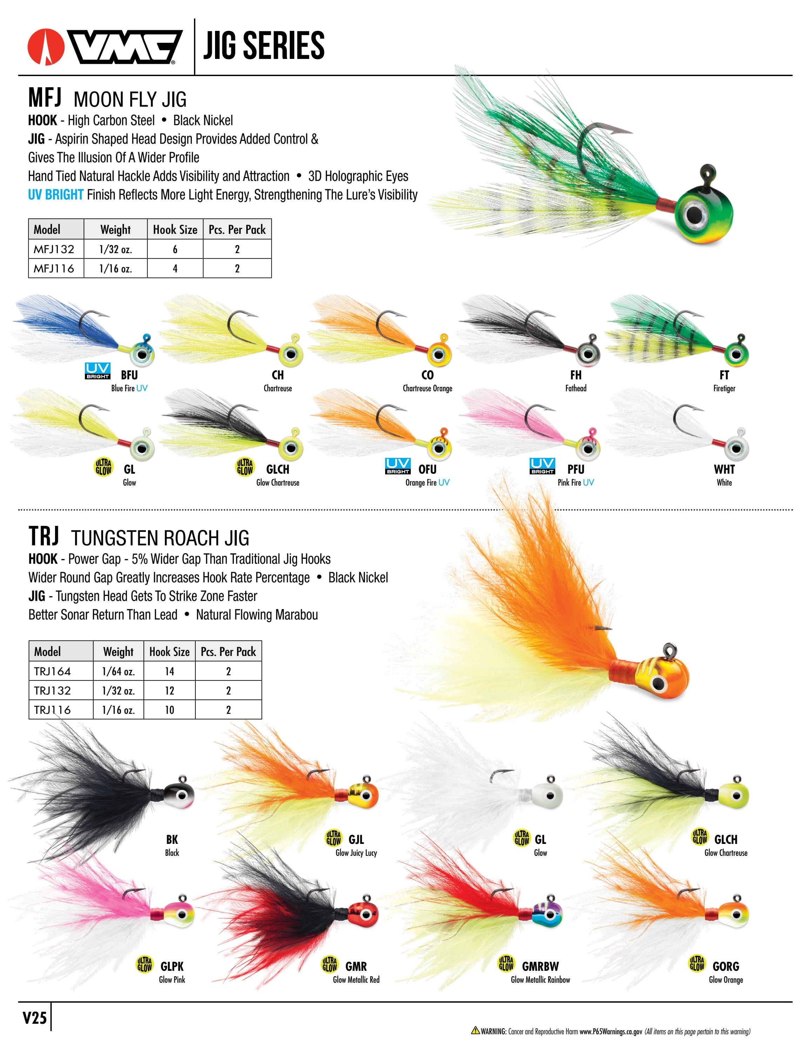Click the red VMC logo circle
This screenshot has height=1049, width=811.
pyautogui.click(x=46, y=47)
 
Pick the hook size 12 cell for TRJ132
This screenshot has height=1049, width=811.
pyautogui.click(x=169, y=690)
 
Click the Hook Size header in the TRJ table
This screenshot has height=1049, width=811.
pyautogui.click(x=169, y=651)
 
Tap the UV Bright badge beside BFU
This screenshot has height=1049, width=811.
pyautogui.click(x=98, y=371)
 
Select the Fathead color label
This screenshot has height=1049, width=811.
pyautogui.click(x=576, y=388)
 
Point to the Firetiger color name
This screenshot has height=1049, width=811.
pyautogui.click(x=724, y=388)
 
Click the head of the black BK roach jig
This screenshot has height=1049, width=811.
pyautogui.click(x=179, y=796)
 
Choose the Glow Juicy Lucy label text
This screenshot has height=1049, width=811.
pyautogui.click(x=356, y=853)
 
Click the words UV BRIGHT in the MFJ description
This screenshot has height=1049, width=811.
pyautogui.click(x=56, y=195)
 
